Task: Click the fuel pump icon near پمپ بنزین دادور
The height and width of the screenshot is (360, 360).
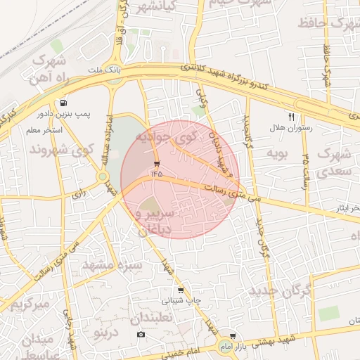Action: pos(65,102)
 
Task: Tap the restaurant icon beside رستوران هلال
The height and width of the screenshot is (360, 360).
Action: pos(291,117)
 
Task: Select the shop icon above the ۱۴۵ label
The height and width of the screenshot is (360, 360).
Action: pos(155,163)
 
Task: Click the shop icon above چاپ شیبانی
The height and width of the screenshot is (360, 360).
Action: pos(181,290)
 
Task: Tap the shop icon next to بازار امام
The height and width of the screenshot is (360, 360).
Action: pos(233,336)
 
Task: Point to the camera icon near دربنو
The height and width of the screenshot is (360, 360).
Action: pos(141,333)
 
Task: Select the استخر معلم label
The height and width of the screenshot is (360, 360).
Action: pos(44,131)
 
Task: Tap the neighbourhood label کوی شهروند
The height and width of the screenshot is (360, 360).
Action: pos(62,150)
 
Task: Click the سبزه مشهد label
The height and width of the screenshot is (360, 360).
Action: pos(112,265)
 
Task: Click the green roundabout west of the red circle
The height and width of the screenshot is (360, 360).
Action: pos(103,176)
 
